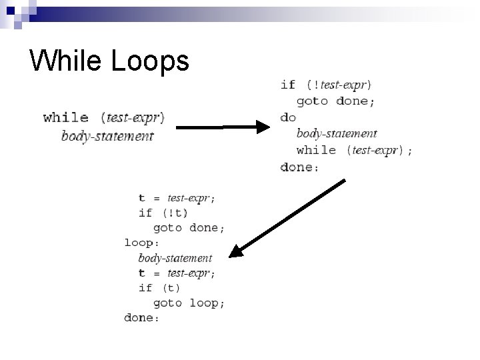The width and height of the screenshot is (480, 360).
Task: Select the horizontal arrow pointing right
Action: (x=223, y=126)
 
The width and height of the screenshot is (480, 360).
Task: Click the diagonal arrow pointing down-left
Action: (x=287, y=217)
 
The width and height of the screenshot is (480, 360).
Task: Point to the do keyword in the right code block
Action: (x=288, y=117)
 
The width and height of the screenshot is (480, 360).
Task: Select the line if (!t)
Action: (x=163, y=213)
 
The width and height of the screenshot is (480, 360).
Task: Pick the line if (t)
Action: (x=159, y=288)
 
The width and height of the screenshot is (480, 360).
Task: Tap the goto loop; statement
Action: (x=189, y=303)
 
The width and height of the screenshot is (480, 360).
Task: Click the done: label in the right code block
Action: (x=299, y=167)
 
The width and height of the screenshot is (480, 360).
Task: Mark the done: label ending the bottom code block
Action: (x=142, y=318)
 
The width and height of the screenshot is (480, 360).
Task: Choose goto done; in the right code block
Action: (x=335, y=101)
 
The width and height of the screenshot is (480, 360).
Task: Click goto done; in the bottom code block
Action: (x=189, y=227)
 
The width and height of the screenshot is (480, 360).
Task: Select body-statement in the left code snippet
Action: (x=107, y=136)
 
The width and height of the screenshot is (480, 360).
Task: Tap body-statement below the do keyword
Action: (x=337, y=133)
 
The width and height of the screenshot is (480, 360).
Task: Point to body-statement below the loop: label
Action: (x=175, y=257)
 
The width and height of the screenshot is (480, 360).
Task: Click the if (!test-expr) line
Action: (x=327, y=85)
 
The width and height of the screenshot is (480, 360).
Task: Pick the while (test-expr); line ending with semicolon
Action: (x=354, y=151)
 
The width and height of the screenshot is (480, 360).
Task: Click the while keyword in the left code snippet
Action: (x=66, y=118)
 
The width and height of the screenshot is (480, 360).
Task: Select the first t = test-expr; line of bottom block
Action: (x=177, y=197)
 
